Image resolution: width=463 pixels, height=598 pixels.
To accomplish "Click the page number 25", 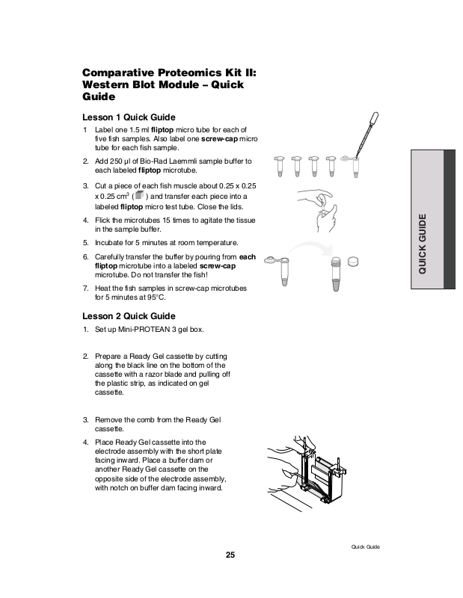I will (x=230, y=555).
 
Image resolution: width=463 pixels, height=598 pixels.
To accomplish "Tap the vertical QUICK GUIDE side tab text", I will (x=423, y=244).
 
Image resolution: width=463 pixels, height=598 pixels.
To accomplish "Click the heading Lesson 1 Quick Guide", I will (x=128, y=117).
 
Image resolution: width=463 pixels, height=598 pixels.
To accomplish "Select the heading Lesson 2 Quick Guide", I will (x=128, y=315).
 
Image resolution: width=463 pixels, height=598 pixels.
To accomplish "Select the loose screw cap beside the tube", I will (x=354, y=261).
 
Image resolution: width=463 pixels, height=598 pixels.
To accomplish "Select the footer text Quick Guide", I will (x=366, y=547).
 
